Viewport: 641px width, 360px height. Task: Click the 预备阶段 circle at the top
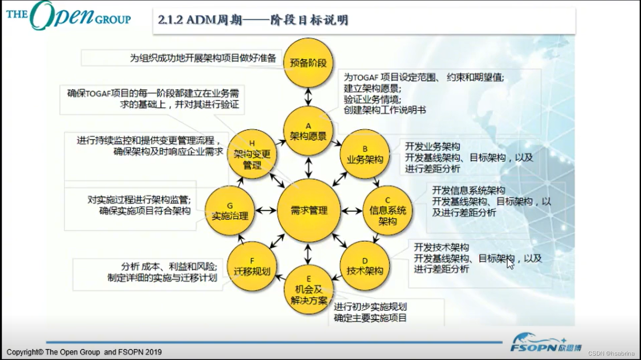pyautogui.click(x=308, y=62)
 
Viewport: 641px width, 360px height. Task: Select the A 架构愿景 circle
pyautogui.click(x=308, y=132)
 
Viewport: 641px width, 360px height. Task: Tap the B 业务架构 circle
pyautogui.click(x=365, y=154)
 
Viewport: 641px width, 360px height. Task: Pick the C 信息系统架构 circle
pyautogui.click(x=388, y=210)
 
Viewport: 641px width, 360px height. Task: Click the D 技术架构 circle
pyautogui.click(x=365, y=266)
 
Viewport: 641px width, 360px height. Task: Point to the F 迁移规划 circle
pyautogui.click(x=252, y=266)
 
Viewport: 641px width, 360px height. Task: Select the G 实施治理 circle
pyautogui.click(x=229, y=211)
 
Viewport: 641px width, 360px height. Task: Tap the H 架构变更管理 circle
pyautogui.click(x=252, y=154)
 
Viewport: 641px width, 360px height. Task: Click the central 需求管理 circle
pyautogui.click(x=308, y=211)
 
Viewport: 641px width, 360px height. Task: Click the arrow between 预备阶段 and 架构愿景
pyautogui.click(x=308, y=97)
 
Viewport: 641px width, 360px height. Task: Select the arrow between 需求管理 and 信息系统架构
pyautogui.click(x=352, y=211)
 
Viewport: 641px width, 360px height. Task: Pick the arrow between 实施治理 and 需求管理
pyautogui.click(x=266, y=211)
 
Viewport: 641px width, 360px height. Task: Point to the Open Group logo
pyautogui.click(x=68, y=16)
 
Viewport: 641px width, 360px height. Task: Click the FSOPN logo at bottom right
pyautogui.click(x=546, y=343)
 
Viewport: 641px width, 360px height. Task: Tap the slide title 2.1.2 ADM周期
pyautogui.click(x=253, y=20)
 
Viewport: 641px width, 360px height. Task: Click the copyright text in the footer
pyautogui.click(x=84, y=352)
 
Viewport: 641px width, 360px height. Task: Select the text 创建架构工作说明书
pyautogui.click(x=385, y=110)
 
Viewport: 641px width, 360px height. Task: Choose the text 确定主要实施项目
pyautogui.click(x=370, y=318)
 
